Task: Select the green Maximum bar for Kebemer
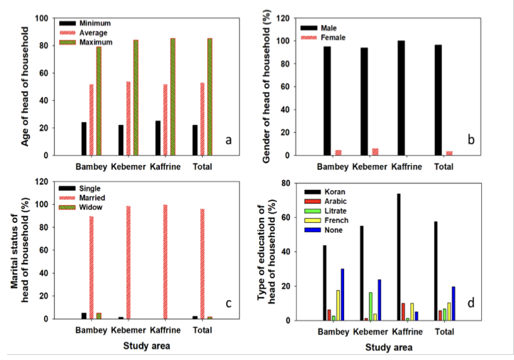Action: (136, 98)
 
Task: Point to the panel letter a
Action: (229, 139)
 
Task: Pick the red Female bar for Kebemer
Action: (374, 151)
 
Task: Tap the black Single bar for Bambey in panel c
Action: (84, 316)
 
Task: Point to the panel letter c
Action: (228, 304)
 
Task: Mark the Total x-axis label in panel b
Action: (443, 166)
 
